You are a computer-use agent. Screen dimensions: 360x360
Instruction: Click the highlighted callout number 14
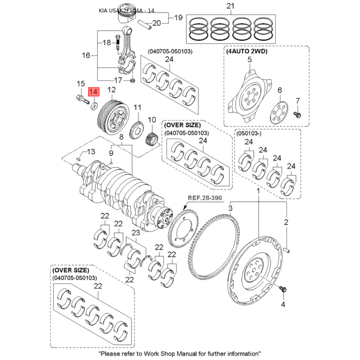tap(94, 92)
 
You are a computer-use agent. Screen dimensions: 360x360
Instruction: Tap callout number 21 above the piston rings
tap(231, 6)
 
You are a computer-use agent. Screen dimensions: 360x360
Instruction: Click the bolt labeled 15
tap(82, 100)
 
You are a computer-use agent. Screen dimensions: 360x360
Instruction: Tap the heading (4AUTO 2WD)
tap(247, 52)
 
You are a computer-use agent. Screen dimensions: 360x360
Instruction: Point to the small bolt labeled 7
tap(297, 114)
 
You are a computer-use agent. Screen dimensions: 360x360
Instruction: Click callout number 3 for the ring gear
tap(230, 209)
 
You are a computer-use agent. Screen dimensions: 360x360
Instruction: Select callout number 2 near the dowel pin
tap(285, 222)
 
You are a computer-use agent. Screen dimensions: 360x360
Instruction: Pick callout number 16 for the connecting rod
tap(86, 56)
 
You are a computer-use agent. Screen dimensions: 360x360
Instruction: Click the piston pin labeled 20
tap(145, 23)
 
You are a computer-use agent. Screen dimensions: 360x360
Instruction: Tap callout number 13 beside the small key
tap(91, 151)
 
